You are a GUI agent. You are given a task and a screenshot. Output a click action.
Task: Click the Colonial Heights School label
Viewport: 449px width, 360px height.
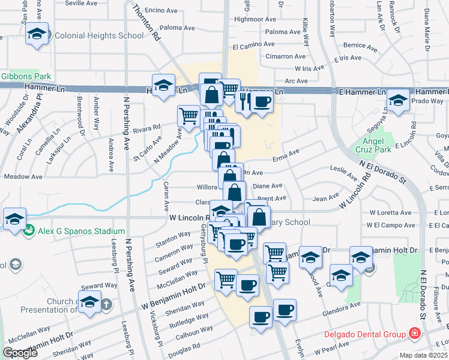click(99, 35)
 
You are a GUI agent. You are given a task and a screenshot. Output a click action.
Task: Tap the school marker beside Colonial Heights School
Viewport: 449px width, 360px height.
click(37, 35)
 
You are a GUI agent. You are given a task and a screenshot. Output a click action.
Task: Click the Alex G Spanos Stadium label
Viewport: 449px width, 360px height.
click(81, 231)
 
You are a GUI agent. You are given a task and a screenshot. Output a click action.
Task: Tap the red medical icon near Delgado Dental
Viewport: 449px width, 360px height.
click(414, 332)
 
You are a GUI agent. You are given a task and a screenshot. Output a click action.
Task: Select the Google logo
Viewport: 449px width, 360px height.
click(20, 353)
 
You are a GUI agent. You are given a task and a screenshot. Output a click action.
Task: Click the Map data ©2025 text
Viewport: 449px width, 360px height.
click(424, 355)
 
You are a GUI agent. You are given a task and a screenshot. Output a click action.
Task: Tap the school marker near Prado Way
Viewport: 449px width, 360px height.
click(397, 101)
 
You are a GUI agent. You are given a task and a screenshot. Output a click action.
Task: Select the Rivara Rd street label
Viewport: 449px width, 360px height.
click(147, 128)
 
